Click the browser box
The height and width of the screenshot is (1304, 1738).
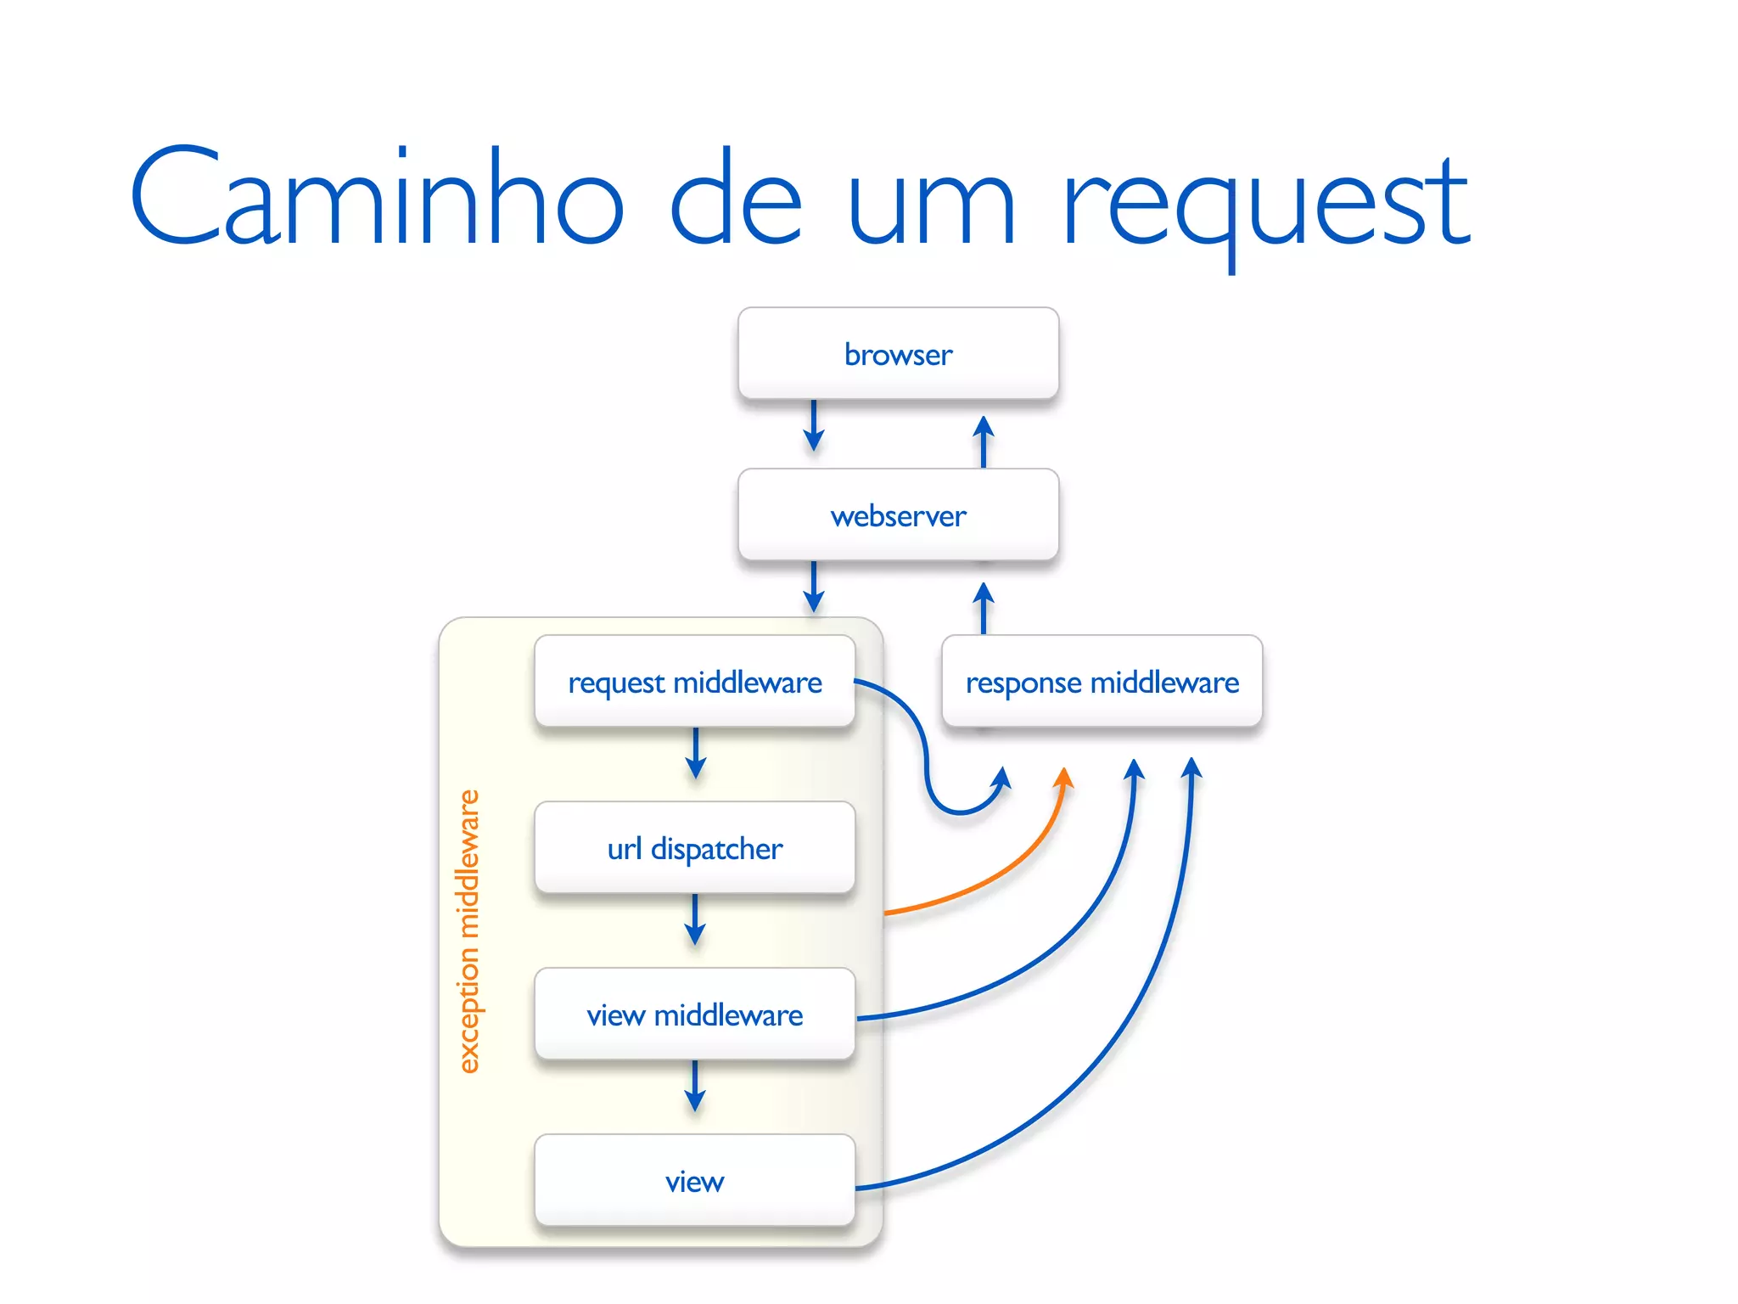[898, 353]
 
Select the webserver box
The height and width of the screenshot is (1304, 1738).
[898, 515]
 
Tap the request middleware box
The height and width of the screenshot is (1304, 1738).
[694, 682]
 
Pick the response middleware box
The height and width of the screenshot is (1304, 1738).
[1102, 682]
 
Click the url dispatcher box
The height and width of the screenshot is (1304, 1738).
[694, 848]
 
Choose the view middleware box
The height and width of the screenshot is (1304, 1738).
[694, 1015]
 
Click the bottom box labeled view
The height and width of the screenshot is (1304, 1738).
[694, 1181]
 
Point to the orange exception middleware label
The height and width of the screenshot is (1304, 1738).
[468, 931]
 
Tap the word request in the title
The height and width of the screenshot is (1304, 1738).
[1264, 204]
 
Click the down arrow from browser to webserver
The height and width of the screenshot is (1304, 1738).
[814, 426]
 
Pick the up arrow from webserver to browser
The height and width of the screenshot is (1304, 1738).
[984, 440]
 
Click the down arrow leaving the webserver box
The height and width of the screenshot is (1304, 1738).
[814, 587]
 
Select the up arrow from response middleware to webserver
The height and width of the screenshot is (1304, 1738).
[984, 606]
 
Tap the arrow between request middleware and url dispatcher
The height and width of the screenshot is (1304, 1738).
[696, 754]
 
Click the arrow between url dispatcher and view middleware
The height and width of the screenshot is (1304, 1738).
[695, 920]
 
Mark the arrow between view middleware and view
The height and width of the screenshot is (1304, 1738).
[695, 1087]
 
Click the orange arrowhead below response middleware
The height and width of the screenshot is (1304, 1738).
[1064, 778]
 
